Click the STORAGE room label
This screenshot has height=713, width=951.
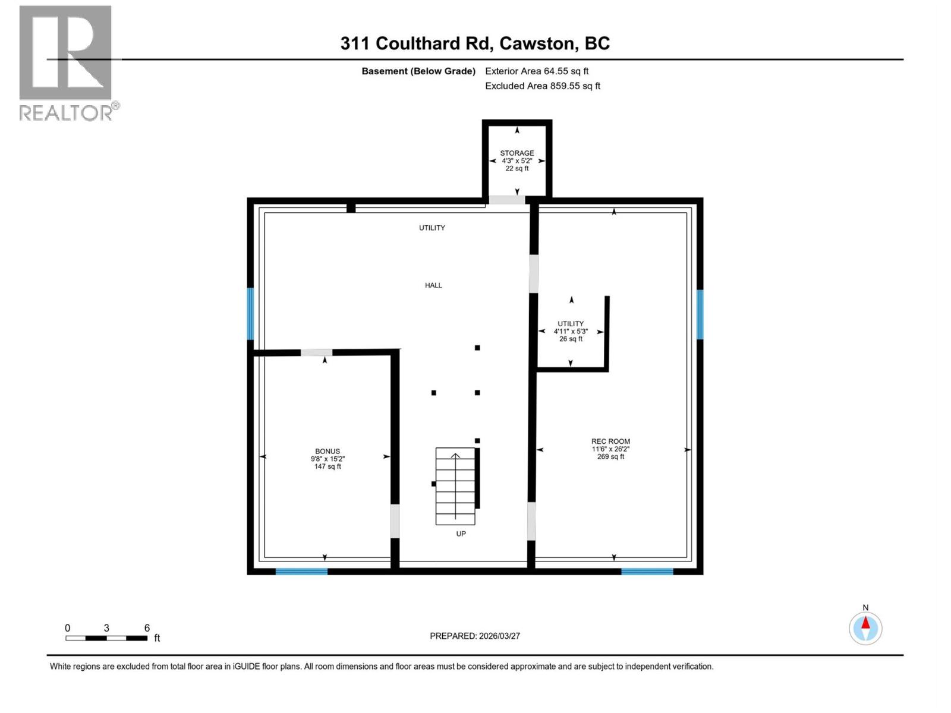(x=517, y=153)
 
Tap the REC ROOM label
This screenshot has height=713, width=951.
(x=610, y=441)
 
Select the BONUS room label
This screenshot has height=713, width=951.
(x=328, y=452)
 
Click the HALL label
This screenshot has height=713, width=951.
(x=433, y=285)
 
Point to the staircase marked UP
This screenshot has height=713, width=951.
(x=455, y=486)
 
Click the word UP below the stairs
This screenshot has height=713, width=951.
(x=461, y=534)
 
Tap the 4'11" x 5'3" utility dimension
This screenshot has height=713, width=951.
(x=571, y=332)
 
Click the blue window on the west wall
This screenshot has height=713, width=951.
(x=250, y=314)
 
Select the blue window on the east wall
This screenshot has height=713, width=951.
(x=700, y=314)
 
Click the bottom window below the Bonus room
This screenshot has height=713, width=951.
(x=301, y=572)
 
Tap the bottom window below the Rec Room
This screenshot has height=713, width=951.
(x=647, y=572)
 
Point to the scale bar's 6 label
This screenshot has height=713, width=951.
(x=147, y=628)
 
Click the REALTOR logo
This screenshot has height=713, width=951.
(x=66, y=62)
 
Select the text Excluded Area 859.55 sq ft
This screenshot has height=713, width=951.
(x=542, y=86)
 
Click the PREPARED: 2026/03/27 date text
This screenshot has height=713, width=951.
(x=475, y=636)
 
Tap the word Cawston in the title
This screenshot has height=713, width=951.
(x=537, y=43)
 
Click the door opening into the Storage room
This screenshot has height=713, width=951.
(x=506, y=200)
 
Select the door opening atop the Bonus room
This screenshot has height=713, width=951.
(x=316, y=353)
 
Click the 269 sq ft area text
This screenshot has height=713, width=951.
(x=610, y=457)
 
